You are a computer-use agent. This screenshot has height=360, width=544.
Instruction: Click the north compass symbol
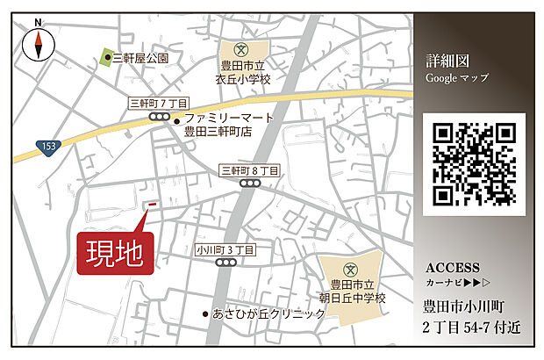coord(39,43)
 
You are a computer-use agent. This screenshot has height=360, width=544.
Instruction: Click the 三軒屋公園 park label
coord(141,59)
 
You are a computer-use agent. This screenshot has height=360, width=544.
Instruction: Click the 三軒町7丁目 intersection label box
coord(158,103)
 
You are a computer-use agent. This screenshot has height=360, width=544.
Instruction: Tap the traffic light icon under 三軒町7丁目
coord(159,117)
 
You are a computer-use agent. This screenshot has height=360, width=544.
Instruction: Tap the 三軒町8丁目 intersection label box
coord(250,169)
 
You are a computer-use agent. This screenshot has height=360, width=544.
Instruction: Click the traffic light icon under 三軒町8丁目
coord(250,184)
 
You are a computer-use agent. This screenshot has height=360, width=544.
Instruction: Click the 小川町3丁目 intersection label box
coord(225,250)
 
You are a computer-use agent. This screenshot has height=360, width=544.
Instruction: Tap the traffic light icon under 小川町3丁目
coord(225,263)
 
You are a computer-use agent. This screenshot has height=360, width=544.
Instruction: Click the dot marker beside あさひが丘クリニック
coord(205,313)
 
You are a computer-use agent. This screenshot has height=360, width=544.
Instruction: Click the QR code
coord(474,164)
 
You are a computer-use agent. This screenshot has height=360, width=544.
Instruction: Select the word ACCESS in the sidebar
coord(452,268)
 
